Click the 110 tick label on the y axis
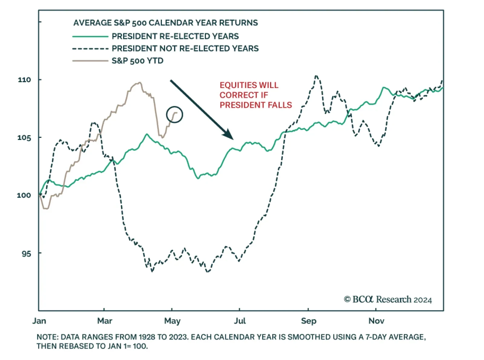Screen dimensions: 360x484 pos(24,80)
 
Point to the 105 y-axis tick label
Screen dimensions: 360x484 pos(24,138)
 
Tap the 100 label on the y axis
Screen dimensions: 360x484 pos(24,195)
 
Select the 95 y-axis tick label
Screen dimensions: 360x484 pos(26,253)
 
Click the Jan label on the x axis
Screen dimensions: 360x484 pos(39,321)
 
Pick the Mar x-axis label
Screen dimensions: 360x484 pos(105,321)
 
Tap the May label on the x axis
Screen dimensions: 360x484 pos(172,321)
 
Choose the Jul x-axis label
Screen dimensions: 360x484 pos(240,321)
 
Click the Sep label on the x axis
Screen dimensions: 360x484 pos(309,321)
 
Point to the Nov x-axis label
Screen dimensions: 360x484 pos(376,321)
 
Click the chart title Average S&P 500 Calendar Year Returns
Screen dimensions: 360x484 pos(165,23)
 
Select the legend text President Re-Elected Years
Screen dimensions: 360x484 pos(175,36)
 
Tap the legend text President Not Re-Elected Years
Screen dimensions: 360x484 pos(185,48)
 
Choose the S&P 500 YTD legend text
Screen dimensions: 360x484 pos(137,61)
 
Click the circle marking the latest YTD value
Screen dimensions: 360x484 pos(175,115)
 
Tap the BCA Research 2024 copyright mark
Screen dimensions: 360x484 pos(388,299)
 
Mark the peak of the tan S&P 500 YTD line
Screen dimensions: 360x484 pos(139,82)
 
